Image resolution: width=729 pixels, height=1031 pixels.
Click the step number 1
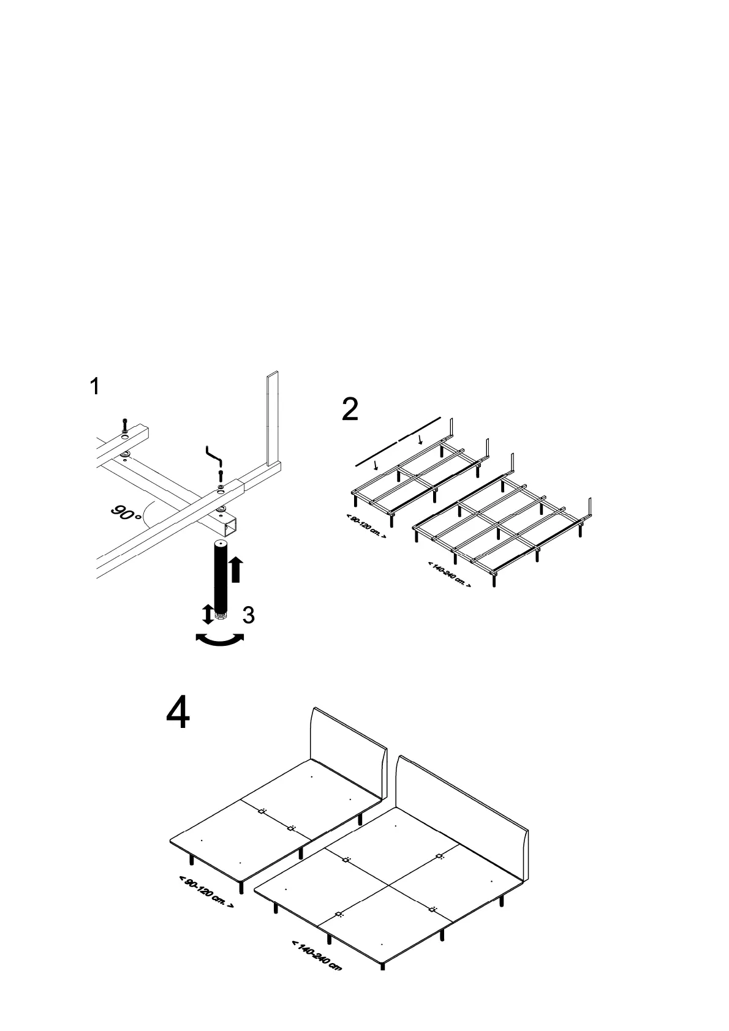tap(95, 387)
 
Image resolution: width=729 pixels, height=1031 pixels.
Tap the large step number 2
tap(350, 410)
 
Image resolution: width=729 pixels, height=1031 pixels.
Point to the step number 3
tap(248, 615)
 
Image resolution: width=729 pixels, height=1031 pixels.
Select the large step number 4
tap(178, 714)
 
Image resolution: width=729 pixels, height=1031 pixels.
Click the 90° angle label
tap(126, 512)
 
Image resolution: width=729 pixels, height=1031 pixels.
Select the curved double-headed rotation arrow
tap(219, 639)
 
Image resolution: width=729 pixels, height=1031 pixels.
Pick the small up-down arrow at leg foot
tap(208, 614)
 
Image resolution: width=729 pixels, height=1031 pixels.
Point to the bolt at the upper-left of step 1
tap(125, 425)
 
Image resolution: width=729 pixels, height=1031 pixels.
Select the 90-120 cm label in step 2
tap(366, 527)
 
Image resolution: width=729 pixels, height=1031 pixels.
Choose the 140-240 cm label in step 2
tap(449, 574)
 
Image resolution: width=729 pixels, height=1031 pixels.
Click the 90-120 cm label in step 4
tap(206, 891)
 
